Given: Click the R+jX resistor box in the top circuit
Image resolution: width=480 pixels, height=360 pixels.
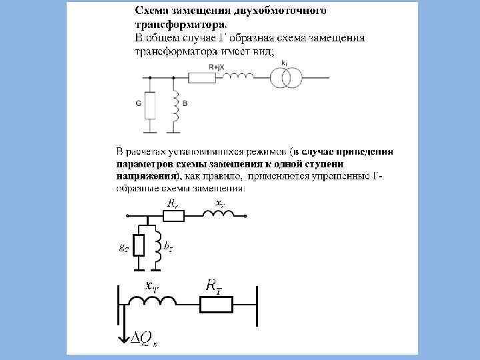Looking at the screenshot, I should pos(202,78).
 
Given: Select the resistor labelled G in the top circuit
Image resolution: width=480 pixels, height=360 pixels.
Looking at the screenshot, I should pos(150,104).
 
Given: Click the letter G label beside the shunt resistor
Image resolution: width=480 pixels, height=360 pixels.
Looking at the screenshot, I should pos(138,104).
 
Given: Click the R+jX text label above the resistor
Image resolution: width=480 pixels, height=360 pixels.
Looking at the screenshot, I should pos(215,67).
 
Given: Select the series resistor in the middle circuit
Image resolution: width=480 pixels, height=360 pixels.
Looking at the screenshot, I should pos(173,215).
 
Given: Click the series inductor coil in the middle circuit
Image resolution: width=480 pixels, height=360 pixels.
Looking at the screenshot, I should pos(219,214).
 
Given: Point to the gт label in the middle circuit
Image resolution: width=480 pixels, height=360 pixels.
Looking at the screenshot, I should pos(123,247).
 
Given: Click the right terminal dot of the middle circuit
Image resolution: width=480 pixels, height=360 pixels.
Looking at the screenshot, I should pos(246,216).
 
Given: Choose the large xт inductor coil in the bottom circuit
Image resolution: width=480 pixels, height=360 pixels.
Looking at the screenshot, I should pos(153,303).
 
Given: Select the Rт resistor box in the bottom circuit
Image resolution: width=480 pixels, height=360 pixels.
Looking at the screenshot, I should pos(216,305).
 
